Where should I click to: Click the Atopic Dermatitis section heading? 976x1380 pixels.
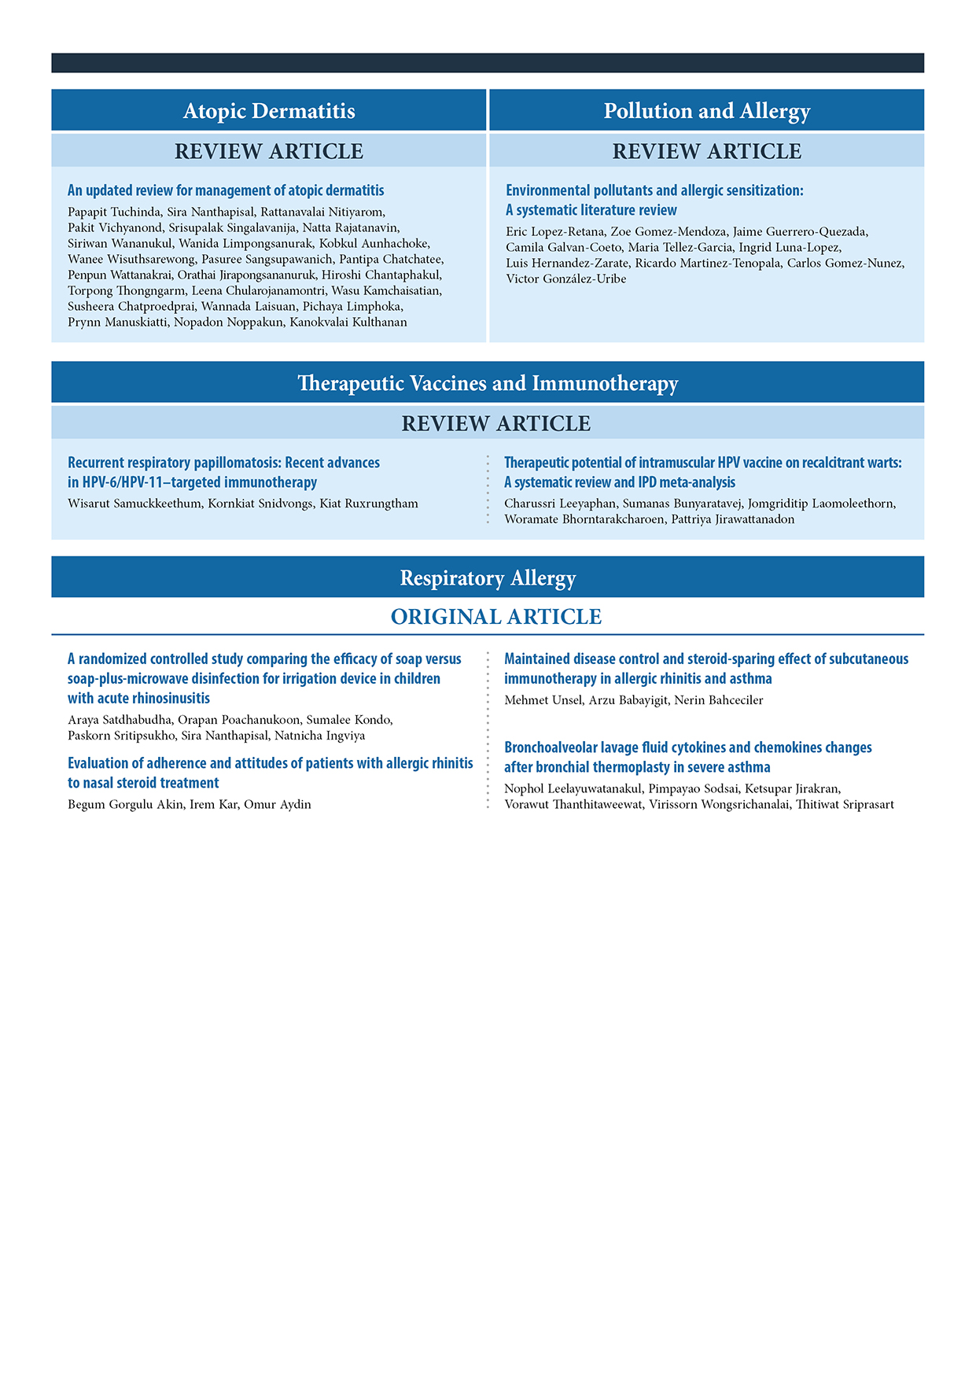pos(269,111)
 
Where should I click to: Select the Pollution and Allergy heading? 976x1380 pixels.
pos(706,111)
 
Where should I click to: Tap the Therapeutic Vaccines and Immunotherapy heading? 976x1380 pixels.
pos(488,383)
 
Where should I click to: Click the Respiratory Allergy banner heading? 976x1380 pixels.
pos(488,578)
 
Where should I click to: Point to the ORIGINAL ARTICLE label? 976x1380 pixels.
pos(496,617)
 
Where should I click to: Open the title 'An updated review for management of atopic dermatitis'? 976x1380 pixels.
pos(226,190)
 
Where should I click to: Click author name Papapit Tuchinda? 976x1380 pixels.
pos(114,212)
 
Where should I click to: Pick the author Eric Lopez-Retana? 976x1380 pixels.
pos(555,232)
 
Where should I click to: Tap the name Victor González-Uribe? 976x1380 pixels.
pos(565,279)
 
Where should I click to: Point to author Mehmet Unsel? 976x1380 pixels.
pos(543,700)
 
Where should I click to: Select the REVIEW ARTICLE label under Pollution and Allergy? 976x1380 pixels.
pos(706,151)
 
